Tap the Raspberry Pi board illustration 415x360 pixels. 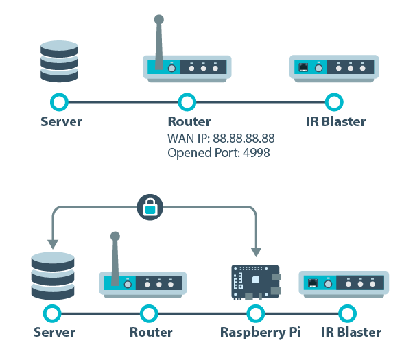(x=255, y=283)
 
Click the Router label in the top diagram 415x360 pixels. (x=189, y=123)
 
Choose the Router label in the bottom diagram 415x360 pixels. (x=151, y=333)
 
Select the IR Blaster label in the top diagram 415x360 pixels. (x=335, y=123)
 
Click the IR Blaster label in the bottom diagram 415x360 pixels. (x=351, y=333)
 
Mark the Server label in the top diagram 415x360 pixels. (x=61, y=123)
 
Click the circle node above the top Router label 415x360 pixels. (x=187, y=103)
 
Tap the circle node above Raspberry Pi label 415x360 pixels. (x=255, y=313)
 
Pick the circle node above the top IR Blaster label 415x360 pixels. (x=334, y=103)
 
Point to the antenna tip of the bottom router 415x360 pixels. (x=115, y=237)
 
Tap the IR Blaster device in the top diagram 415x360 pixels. (x=333, y=67)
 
